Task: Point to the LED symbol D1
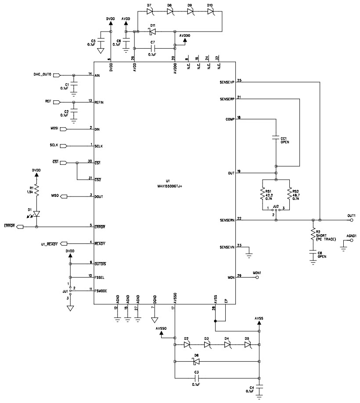tap(36, 214)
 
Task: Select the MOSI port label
tap(54, 129)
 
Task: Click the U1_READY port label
tap(47, 243)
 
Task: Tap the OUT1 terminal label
tap(351, 215)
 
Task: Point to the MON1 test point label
tap(257, 273)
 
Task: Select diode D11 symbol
tap(153, 32)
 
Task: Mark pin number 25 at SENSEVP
tap(239, 80)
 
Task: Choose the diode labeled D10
tap(210, 11)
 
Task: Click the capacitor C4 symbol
tap(259, 388)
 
